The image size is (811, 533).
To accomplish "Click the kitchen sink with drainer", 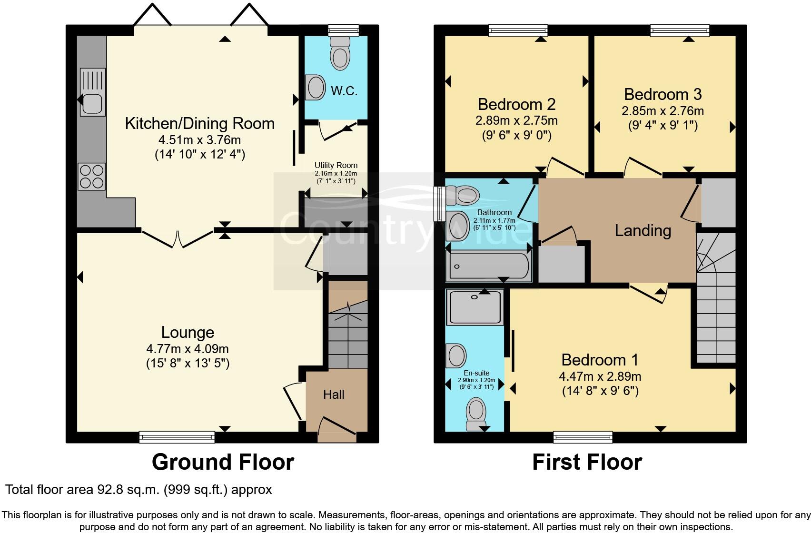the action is [93, 92].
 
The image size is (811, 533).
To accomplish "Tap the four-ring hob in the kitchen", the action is [91, 177].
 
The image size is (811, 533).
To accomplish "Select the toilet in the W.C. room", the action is [340, 52].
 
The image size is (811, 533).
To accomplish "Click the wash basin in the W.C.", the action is [315, 87].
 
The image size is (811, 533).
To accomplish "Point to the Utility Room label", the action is [336, 165].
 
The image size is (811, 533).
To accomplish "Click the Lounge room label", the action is [188, 332].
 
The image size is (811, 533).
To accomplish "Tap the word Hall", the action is [334, 395].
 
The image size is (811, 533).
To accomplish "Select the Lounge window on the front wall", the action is [177, 437].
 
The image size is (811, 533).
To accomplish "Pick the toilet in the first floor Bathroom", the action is [463, 195].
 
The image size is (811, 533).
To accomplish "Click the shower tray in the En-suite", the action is [475, 307].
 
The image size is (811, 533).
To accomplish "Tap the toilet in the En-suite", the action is [476, 414].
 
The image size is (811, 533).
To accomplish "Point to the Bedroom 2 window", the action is [518, 30].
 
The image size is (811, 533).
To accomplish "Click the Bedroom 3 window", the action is [680, 30].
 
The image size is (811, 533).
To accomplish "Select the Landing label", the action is [643, 231].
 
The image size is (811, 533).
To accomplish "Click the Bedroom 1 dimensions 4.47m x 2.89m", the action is [600, 376].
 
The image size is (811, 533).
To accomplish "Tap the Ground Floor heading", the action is [223, 462].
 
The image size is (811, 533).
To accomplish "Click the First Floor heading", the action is [587, 462].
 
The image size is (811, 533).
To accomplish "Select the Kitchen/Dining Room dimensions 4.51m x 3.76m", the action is [199, 140].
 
